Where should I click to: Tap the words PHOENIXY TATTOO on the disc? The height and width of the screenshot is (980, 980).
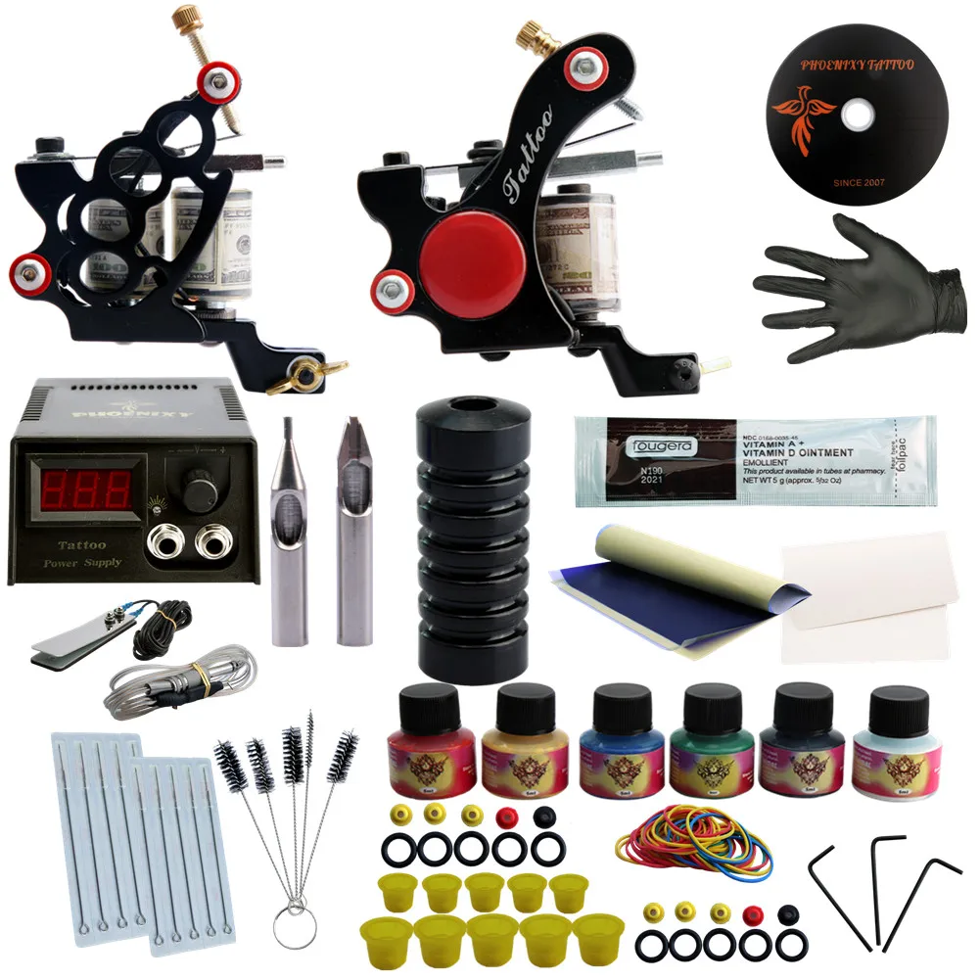click(858, 66)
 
